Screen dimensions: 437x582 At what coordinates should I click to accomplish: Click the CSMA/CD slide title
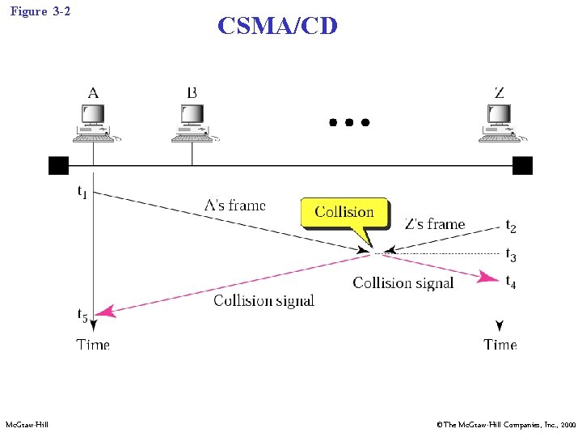(x=277, y=26)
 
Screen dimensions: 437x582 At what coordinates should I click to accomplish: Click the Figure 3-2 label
(x=41, y=11)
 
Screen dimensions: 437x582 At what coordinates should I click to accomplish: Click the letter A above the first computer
(x=93, y=92)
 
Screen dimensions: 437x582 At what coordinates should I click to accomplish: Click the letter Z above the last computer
(x=499, y=92)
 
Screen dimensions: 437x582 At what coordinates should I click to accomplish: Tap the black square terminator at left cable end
(x=58, y=166)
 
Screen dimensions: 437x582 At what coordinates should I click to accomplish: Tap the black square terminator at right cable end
(x=522, y=166)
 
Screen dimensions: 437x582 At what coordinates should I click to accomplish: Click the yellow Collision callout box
(x=344, y=213)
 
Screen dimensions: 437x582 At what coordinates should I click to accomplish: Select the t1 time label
(x=82, y=193)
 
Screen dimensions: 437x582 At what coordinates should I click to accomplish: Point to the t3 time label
(x=511, y=255)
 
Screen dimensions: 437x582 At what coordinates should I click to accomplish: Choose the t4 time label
(x=511, y=282)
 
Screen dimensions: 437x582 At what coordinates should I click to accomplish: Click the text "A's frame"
(x=235, y=206)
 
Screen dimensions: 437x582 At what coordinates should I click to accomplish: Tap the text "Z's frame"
(x=435, y=224)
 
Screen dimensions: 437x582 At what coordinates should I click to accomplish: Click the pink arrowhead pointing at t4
(x=488, y=278)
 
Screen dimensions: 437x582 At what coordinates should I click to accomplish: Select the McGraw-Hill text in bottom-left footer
(x=27, y=425)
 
